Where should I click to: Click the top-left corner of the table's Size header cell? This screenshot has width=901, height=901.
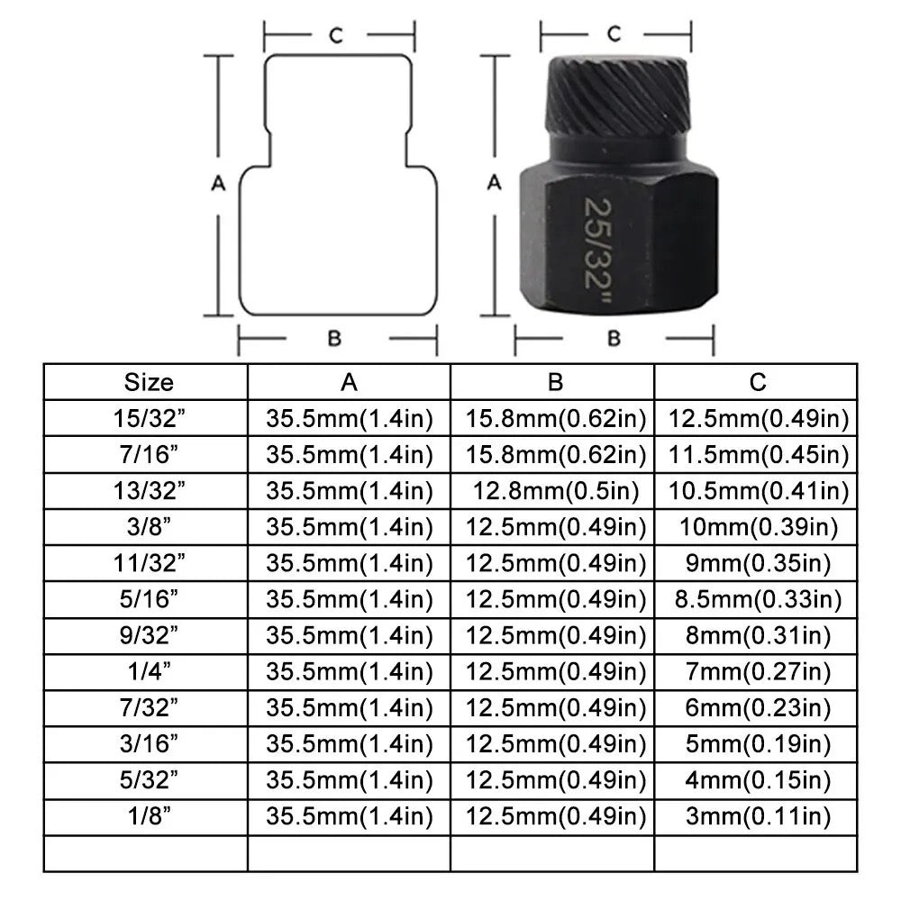44,364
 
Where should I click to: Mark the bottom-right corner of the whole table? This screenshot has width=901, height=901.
857,871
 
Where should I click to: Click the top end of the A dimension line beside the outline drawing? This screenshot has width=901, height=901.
218,56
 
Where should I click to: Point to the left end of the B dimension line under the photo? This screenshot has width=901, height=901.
515,339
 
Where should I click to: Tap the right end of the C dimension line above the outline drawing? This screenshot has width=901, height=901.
414,35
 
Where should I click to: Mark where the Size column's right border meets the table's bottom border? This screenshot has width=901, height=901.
248,871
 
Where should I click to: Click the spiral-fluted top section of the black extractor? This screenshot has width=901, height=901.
616,96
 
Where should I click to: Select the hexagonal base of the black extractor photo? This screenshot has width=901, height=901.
618,237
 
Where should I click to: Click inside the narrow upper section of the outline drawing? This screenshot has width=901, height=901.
338,109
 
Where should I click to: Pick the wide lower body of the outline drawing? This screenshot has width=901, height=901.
338,241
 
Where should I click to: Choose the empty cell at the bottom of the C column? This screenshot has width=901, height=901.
756,854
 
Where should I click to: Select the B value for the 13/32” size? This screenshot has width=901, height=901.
556,491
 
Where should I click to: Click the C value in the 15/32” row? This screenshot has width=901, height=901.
758,419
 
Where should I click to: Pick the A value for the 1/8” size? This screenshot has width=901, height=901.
350,816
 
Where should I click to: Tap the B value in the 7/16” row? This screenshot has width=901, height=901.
556,455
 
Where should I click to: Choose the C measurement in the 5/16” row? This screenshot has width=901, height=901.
758,600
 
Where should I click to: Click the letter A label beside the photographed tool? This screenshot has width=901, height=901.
494,183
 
